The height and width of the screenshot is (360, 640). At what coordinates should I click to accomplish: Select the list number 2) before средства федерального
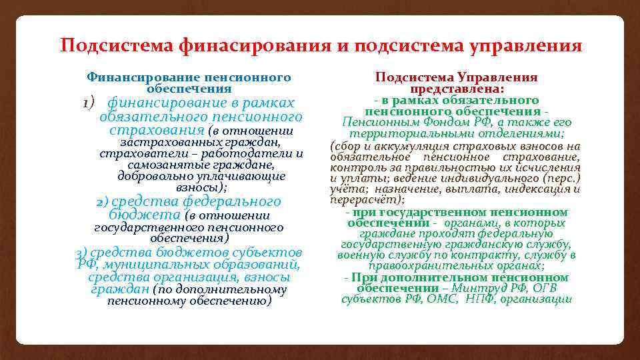pyautogui.click(x=102, y=201)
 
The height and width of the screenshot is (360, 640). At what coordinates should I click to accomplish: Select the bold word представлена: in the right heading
pyautogui.click(x=457, y=89)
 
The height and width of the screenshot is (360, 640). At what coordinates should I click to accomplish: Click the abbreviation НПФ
pyautogui.click(x=480, y=299)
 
